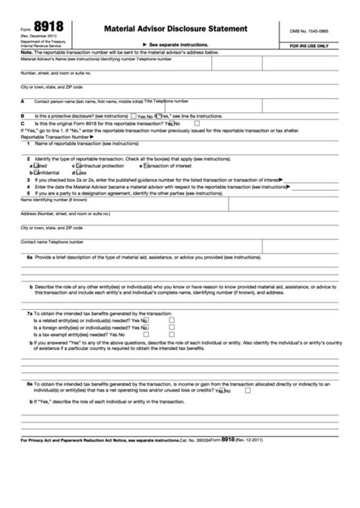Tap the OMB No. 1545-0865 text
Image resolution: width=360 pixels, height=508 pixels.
tap(317, 29)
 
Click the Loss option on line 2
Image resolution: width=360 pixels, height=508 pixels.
tap(81, 172)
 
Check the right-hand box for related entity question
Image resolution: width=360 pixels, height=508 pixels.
tap(172, 320)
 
